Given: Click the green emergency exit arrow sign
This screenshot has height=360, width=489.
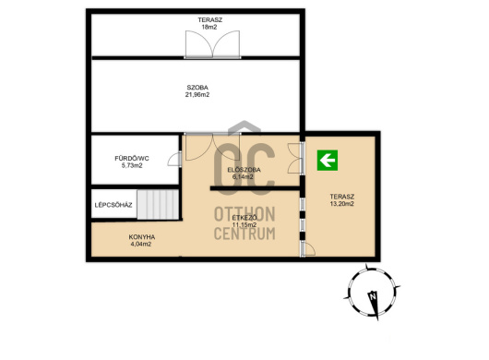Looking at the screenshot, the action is tap(328, 161).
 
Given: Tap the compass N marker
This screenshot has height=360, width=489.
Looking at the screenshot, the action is tap(373, 296).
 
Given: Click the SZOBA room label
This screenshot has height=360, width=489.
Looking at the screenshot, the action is tap(197, 88).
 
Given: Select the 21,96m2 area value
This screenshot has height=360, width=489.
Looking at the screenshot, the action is tap(197, 94).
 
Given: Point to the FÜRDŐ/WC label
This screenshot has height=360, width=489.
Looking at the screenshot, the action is tap(132, 159).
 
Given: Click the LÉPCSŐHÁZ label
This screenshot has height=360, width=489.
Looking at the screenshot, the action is tap(113, 205).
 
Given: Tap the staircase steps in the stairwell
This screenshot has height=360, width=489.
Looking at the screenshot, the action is tap(158, 204).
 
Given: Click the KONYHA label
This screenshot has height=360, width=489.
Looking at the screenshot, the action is tap(142, 237).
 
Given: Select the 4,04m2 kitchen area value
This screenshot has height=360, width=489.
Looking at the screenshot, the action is tap(141, 244).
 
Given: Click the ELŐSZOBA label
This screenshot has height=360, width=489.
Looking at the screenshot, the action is tap(244, 170).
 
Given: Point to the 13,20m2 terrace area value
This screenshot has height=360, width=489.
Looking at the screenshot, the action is tap(341, 204).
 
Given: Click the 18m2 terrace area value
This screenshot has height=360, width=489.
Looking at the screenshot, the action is tap(209, 27).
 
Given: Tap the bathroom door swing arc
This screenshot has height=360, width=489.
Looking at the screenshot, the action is tap(174, 159).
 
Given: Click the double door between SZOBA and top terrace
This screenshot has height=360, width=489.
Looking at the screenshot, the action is tap(213, 44).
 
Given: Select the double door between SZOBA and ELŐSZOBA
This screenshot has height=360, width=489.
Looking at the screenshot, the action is tap(213, 147).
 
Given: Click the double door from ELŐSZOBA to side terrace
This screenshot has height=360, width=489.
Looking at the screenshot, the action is tap(296, 158).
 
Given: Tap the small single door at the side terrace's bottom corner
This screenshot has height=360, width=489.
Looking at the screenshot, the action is tap(308, 249).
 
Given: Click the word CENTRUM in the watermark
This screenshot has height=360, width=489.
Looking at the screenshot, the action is tap(244, 234).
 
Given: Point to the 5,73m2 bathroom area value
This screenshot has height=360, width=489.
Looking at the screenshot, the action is tap(132, 165).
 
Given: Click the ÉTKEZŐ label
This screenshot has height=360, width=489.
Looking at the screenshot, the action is tap(244, 218).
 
